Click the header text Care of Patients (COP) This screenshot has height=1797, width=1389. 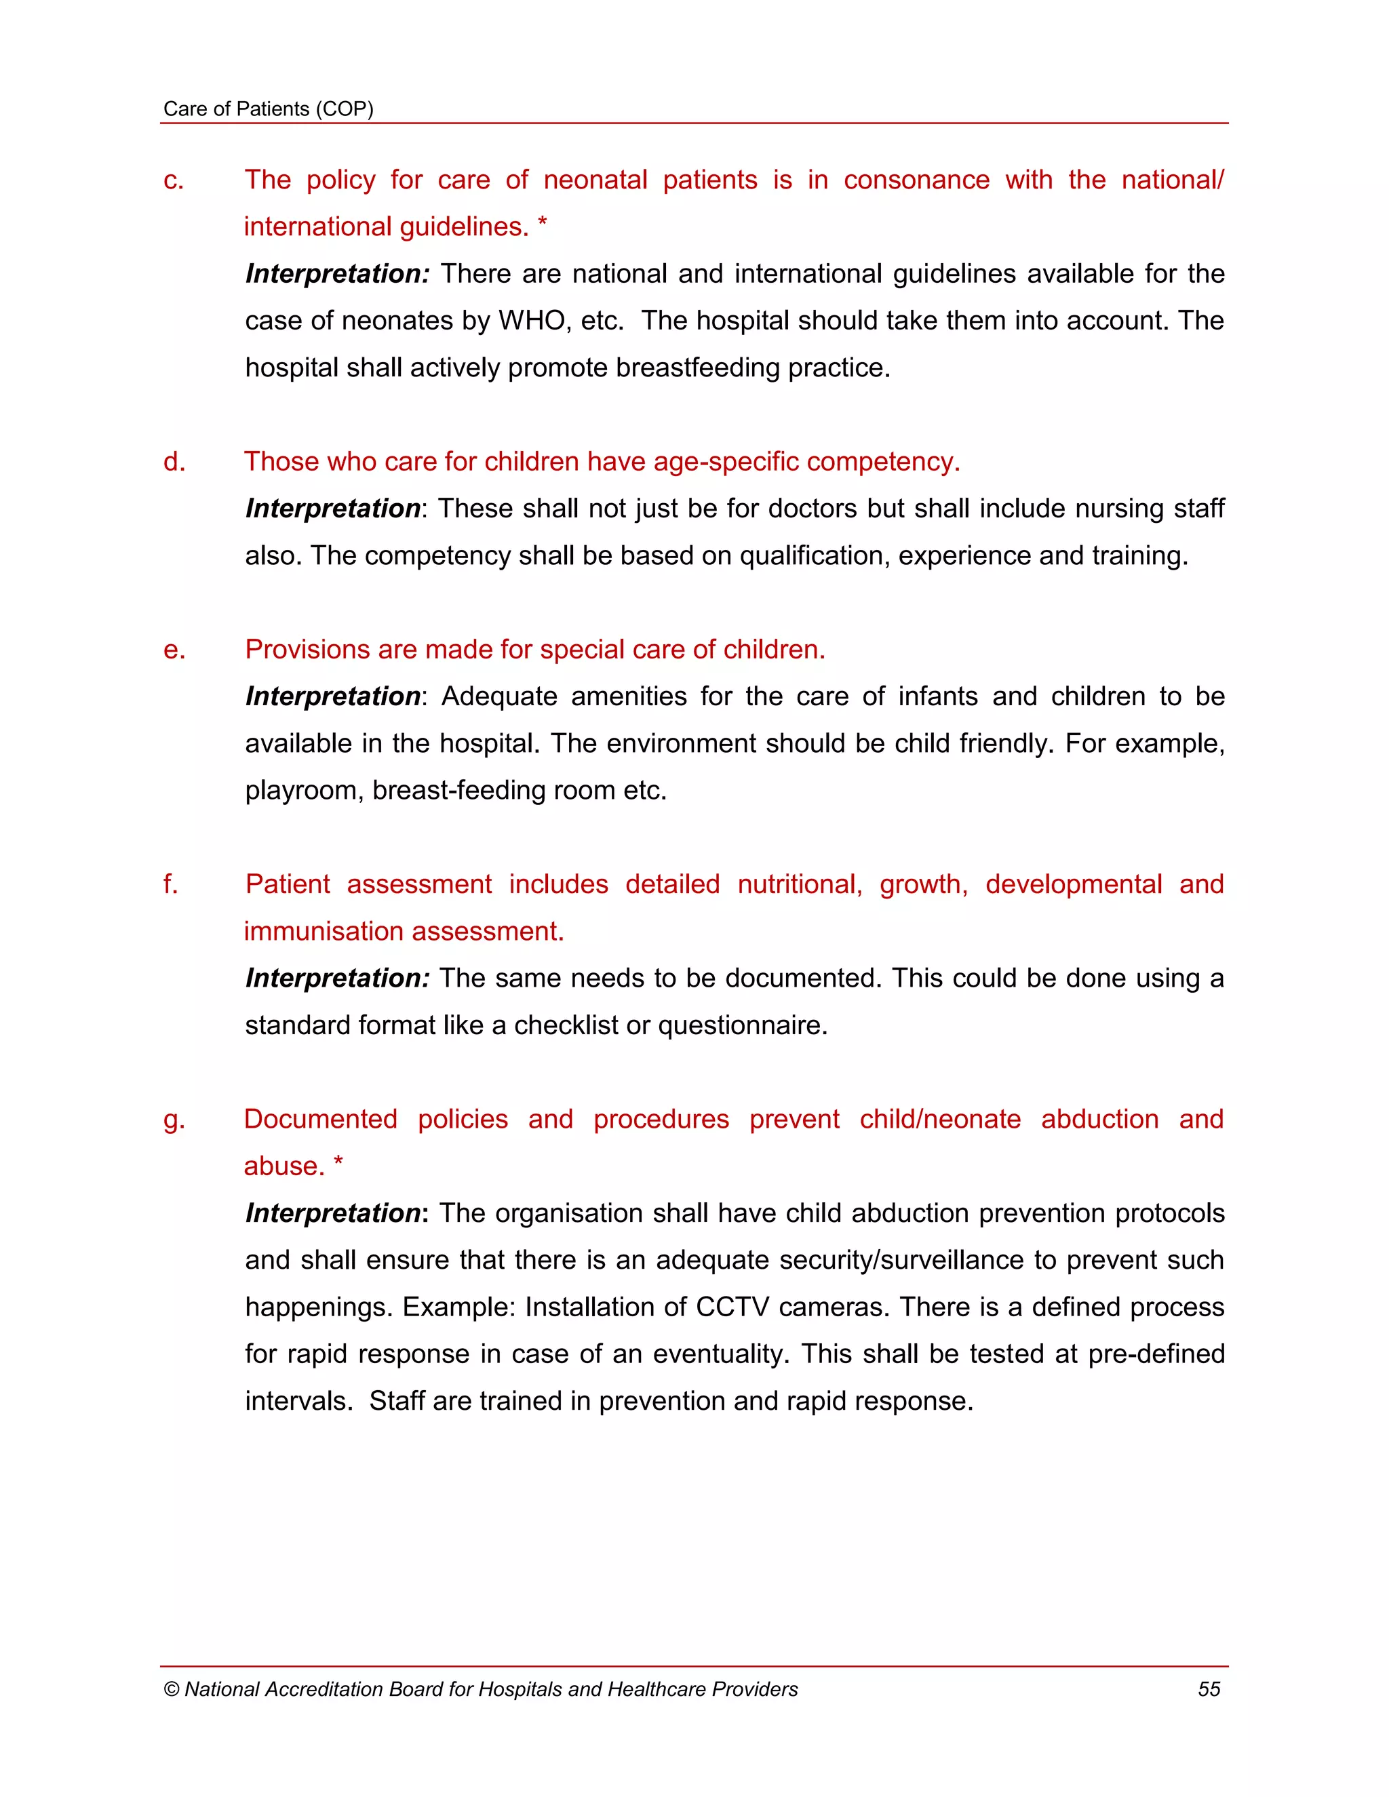[269, 108]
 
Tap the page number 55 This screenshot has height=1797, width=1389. [1208, 1689]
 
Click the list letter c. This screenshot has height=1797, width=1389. [173, 180]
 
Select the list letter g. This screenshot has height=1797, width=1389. [173, 1120]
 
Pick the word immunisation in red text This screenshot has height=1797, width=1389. [324, 932]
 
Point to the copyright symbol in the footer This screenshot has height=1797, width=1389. [171, 1689]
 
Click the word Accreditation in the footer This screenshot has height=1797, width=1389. [324, 1689]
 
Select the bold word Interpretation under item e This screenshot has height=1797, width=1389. [332, 696]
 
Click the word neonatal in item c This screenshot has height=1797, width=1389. [595, 180]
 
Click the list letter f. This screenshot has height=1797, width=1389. [170, 884]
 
